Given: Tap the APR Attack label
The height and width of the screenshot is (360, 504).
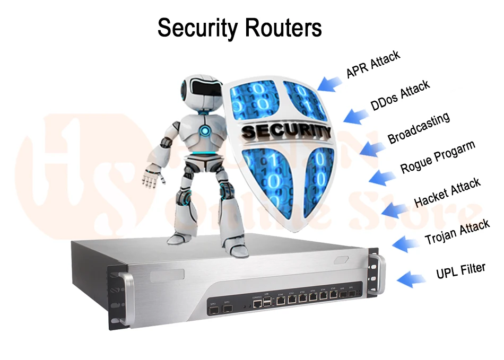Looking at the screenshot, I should click(x=373, y=64).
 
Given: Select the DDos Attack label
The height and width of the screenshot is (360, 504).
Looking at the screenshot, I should click(x=400, y=95).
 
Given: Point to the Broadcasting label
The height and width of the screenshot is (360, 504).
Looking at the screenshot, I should click(x=419, y=128).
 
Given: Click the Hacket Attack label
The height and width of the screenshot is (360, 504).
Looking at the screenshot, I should click(x=447, y=192).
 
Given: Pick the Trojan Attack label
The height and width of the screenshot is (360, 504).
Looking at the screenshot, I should click(x=457, y=232).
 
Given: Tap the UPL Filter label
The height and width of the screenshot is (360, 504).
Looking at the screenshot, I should click(x=460, y=270).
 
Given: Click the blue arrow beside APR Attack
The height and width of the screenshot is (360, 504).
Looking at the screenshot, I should click(x=329, y=83).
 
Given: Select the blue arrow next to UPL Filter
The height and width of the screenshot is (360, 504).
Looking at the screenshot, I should click(x=411, y=278).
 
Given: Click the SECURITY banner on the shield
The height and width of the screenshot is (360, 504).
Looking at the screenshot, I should click(x=285, y=131).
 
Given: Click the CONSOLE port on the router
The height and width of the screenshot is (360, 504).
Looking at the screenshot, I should click(x=257, y=304).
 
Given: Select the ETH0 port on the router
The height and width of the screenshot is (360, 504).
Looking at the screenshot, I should click(x=281, y=300).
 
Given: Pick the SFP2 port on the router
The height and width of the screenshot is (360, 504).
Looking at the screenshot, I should click(x=214, y=310).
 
